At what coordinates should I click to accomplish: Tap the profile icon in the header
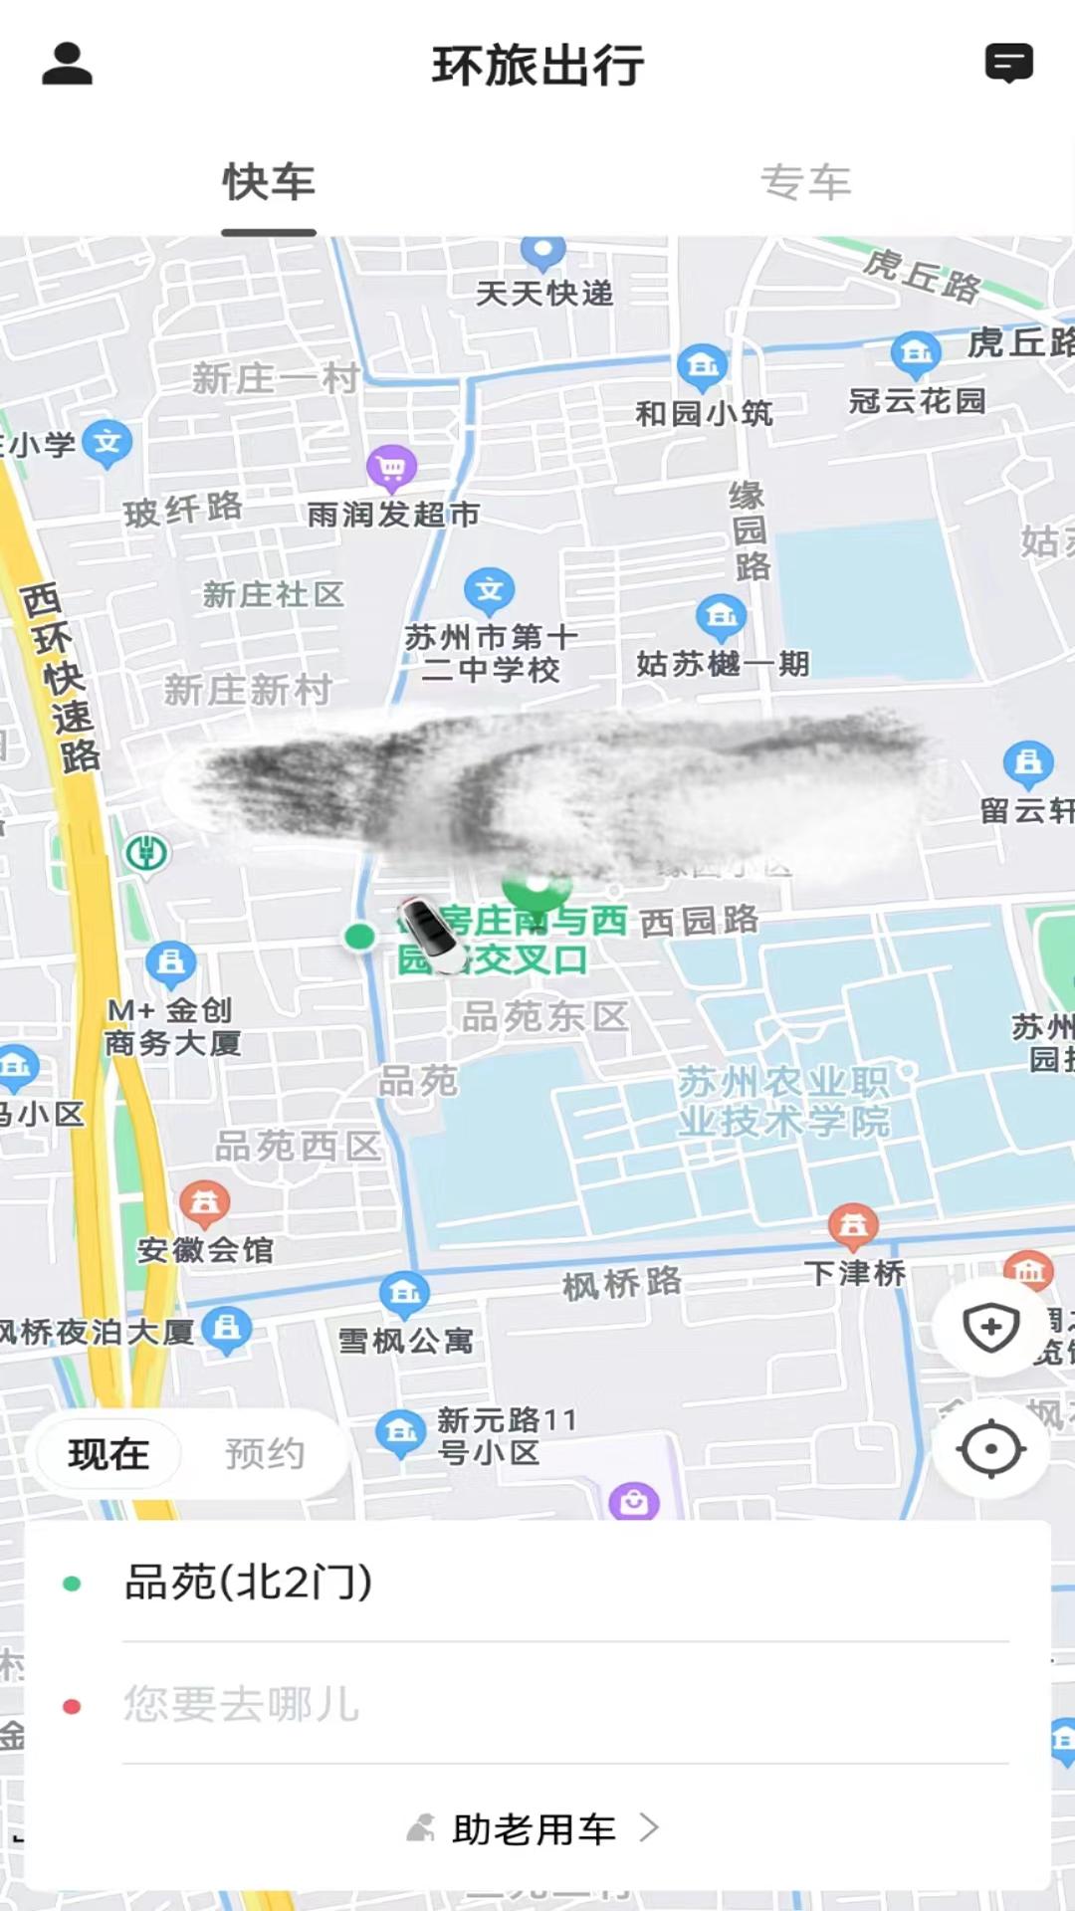point(67,65)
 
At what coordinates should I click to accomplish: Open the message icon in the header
point(1008,64)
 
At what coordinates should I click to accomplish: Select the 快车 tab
point(269,183)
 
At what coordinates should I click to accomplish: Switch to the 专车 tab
point(805,183)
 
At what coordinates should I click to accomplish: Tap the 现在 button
point(108,1454)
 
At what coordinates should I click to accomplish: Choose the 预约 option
point(264,1454)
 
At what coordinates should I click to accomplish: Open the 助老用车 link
point(535,1829)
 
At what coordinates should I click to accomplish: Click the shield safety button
point(990,1328)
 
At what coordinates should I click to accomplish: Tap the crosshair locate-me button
point(990,1449)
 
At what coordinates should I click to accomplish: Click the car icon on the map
point(431,934)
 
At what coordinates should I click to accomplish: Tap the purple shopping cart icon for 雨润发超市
point(392,467)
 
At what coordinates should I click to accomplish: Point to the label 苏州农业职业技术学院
point(783,1102)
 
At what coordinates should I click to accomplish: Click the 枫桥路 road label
point(622,1284)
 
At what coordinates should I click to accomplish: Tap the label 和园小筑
point(704,413)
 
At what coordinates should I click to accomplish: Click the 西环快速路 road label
point(62,678)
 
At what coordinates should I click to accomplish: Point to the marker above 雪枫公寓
point(404,1293)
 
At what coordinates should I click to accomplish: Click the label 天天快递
point(544,294)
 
